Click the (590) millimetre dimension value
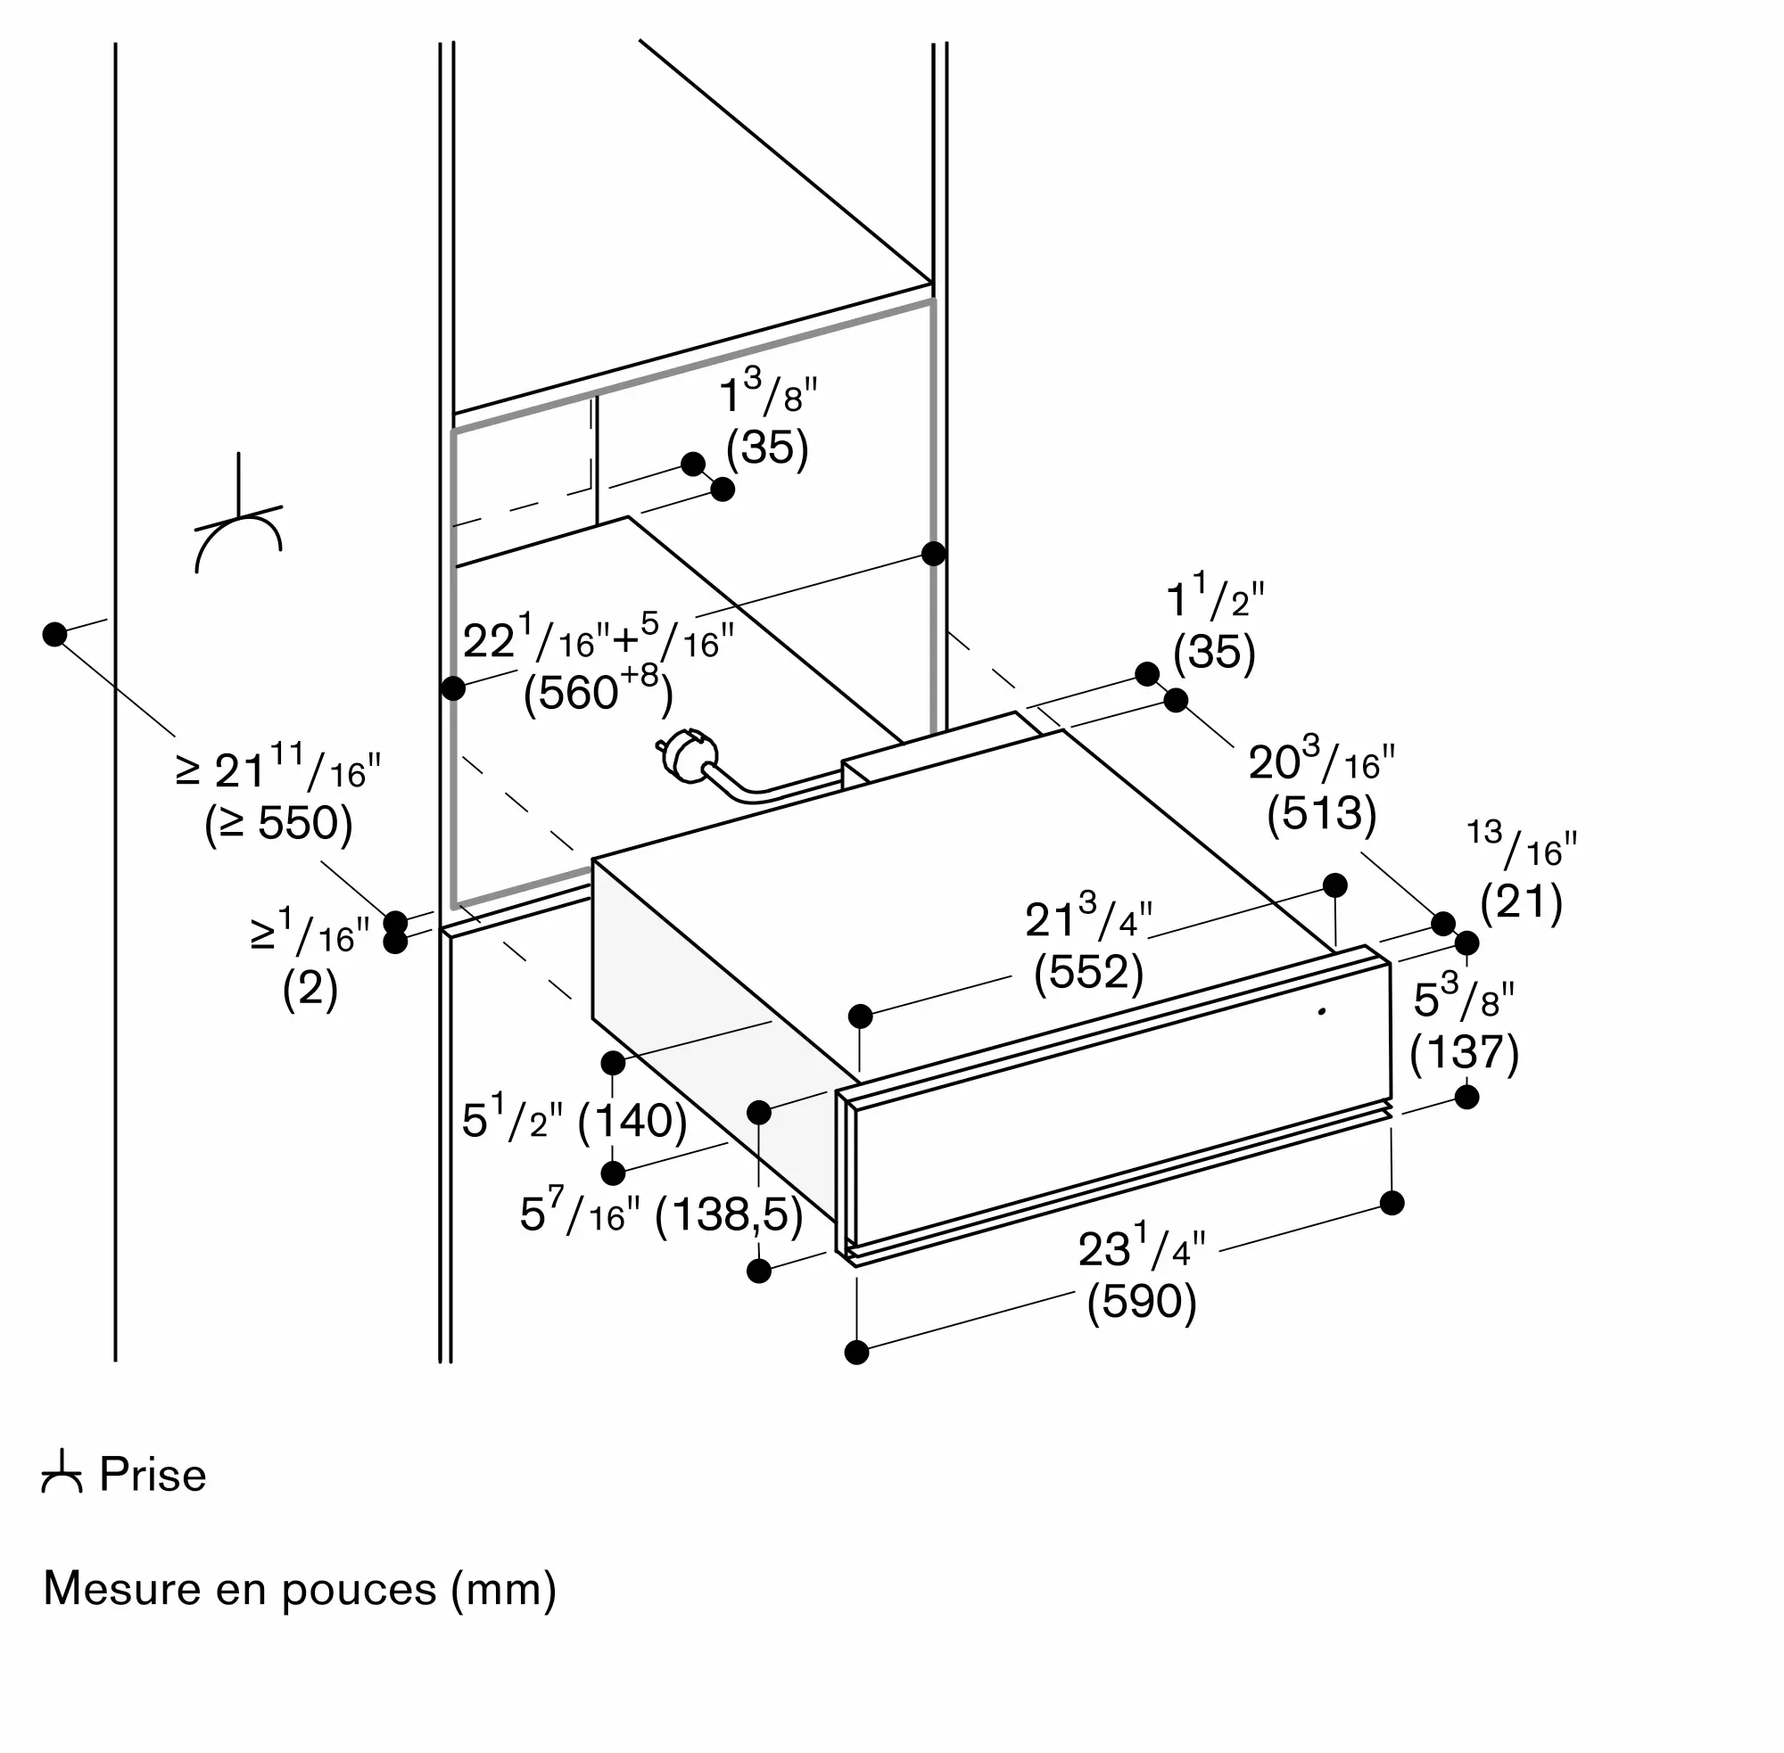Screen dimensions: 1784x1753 (x=1141, y=1302)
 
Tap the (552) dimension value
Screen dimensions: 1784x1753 (x=1087, y=972)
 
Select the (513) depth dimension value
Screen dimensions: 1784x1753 (x=1321, y=814)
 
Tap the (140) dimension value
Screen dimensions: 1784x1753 (x=632, y=1122)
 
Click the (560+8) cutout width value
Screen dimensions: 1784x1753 (x=598, y=687)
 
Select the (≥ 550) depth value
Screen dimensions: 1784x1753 (x=278, y=824)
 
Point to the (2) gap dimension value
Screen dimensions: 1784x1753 (x=310, y=989)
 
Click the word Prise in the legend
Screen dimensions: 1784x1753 (x=153, y=1474)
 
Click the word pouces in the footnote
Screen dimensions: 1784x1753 (x=359, y=1590)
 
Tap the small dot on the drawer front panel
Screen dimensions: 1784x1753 (x=1323, y=1012)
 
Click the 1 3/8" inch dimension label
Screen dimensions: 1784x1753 (x=767, y=393)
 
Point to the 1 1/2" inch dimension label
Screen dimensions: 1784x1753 (x=1215, y=597)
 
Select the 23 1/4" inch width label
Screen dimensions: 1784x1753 (x=1141, y=1247)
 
